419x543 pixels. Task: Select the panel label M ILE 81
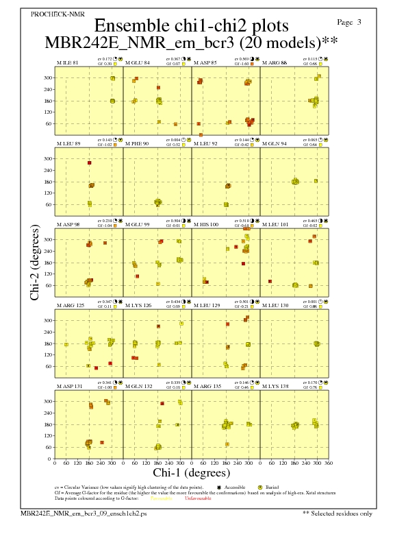[x=67, y=63]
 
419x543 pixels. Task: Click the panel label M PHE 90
[x=137, y=144]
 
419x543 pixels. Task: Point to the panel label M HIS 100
[x=206, y=225]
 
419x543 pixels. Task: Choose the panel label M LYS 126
[x=138, y=305]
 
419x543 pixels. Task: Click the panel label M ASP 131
[x=69, y=386]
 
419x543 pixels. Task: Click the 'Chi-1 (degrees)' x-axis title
[x=192, y=472]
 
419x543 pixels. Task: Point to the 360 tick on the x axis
[x=329, y=463]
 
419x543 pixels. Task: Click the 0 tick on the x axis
[x=55, y=463]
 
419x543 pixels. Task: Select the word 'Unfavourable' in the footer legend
[x=198, y=498]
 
